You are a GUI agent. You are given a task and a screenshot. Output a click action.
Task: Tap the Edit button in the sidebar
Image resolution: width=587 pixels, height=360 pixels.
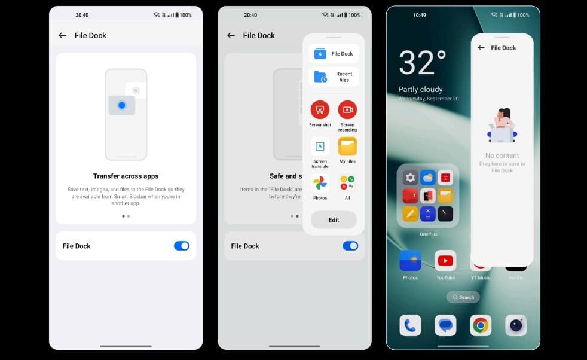pos(334,220)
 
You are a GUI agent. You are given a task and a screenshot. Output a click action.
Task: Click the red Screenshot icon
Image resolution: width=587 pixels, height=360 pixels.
pos(320,110)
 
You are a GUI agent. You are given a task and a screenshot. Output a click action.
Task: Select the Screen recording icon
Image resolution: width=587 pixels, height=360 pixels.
pos(347,110)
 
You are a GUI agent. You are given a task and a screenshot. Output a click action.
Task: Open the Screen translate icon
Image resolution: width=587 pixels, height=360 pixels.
pos(320,147)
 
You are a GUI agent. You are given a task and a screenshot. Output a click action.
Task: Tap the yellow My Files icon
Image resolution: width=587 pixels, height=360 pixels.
pos(347,147)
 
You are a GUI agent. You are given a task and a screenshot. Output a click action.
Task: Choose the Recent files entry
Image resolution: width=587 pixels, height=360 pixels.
pos(334,77)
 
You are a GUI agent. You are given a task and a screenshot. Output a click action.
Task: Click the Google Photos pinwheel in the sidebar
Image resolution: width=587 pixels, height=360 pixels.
pos(320,183)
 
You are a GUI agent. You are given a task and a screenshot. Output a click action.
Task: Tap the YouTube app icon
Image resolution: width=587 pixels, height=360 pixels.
pos(445,261)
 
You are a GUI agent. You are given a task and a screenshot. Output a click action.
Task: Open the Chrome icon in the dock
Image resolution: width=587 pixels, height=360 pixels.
pos(481,325)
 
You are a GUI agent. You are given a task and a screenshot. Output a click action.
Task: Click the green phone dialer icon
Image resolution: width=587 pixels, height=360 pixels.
pos(410,325)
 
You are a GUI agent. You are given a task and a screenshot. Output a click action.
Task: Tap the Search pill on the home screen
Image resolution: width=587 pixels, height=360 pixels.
pos(463,297)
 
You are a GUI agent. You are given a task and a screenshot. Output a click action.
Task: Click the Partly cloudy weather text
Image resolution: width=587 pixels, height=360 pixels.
pos(420,90)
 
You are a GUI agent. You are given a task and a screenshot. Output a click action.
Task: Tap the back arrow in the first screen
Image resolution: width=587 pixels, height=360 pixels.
pos(62,35)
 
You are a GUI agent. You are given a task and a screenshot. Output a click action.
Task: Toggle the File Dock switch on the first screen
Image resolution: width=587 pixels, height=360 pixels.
pos(182,246)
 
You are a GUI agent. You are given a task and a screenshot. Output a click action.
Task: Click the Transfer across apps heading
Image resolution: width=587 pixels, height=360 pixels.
pos(126,176)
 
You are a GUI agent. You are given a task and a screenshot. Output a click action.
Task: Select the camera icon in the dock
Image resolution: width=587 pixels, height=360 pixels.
pos(516,325)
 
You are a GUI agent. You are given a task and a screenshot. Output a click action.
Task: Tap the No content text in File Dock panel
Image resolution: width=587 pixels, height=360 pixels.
pos(502,155)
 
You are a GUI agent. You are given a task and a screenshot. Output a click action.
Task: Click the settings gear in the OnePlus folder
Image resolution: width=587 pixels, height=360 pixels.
pos(410,178)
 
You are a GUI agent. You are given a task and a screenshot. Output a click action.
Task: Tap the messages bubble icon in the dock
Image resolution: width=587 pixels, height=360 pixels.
pos(445,325)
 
